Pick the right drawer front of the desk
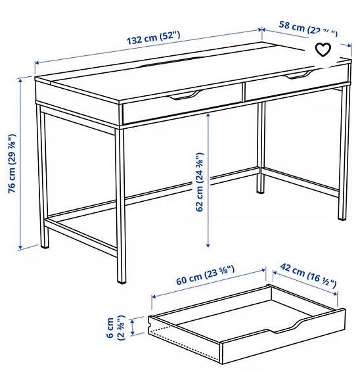[296, 84]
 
